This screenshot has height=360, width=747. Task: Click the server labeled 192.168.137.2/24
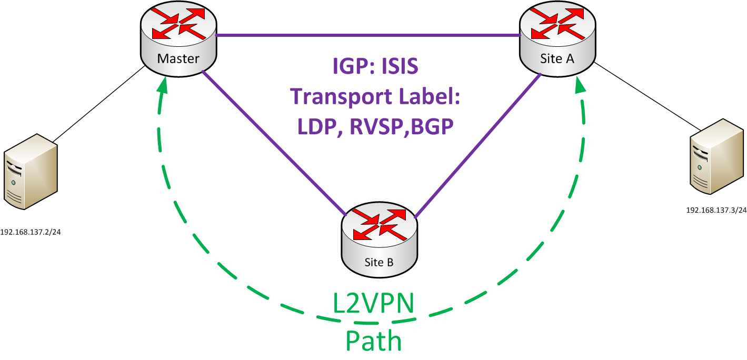[x=31, y=171]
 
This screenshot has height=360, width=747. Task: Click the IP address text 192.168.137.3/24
[x=716, y=210]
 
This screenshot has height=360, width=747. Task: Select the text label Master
[x=178, y=58]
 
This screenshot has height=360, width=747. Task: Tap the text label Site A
[x=557, y=58]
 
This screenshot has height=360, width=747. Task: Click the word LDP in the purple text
[x=317, y=126]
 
